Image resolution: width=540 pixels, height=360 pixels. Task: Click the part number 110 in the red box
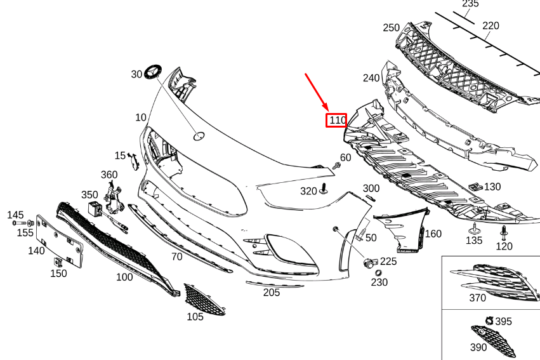point(336,119)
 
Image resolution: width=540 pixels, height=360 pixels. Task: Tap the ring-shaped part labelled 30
point(153,72)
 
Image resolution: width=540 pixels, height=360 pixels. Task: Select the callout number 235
point(470,4)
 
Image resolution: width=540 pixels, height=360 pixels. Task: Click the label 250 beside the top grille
point(392,27)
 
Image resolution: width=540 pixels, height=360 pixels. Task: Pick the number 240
point(371,78)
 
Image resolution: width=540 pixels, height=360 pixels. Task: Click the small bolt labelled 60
point(336,166)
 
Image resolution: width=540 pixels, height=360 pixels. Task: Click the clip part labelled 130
point(475,187)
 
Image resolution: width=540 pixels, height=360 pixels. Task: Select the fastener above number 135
point(474,228)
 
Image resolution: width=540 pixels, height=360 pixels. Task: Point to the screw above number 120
point(504,230)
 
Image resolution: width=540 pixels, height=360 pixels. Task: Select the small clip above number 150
point(58,260)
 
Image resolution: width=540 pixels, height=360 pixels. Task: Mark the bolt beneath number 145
point(25,224)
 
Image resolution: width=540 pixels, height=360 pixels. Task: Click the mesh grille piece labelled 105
point(204,300)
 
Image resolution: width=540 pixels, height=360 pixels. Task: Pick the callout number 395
point(503,322)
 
